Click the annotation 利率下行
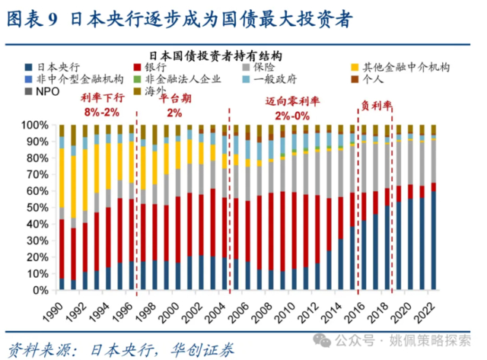pyautogui.click(x=101, y=98)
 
